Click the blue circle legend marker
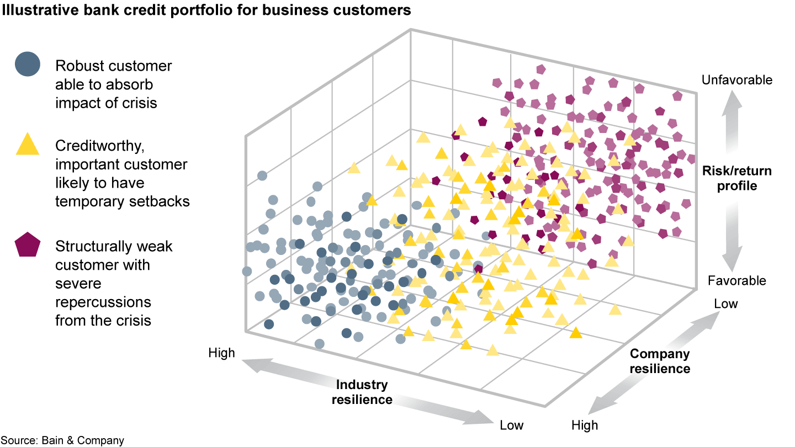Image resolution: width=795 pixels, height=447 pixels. click(x=28, y=64)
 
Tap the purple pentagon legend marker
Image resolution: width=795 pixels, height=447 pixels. click(x=28, y=245)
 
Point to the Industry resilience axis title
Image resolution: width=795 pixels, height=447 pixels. click(x=362, y=392)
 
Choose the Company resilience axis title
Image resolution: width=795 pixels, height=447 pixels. click(x=660, y=361)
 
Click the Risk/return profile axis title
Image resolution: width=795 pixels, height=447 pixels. click(x=736, y=178)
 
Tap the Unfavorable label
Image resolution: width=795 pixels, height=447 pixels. click(x=736, y=80)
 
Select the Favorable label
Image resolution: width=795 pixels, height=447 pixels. click(x=736, y=281)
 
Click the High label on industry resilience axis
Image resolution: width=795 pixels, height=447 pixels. click(x=221, y=353)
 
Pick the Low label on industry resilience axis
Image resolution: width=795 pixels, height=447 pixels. click(x=512, y=425)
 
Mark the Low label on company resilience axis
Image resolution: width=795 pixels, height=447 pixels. click(x=725, y=304)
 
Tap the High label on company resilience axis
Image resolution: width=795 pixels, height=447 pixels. click(x=585, y=425)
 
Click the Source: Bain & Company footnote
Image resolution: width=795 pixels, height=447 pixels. click(x=62, y=440)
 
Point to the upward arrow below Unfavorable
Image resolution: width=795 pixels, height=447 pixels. click(x=733, y=110)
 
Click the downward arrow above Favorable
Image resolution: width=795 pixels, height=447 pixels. click(x=733, y=248)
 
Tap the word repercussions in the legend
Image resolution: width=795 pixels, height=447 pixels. click(x=103, y=302)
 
